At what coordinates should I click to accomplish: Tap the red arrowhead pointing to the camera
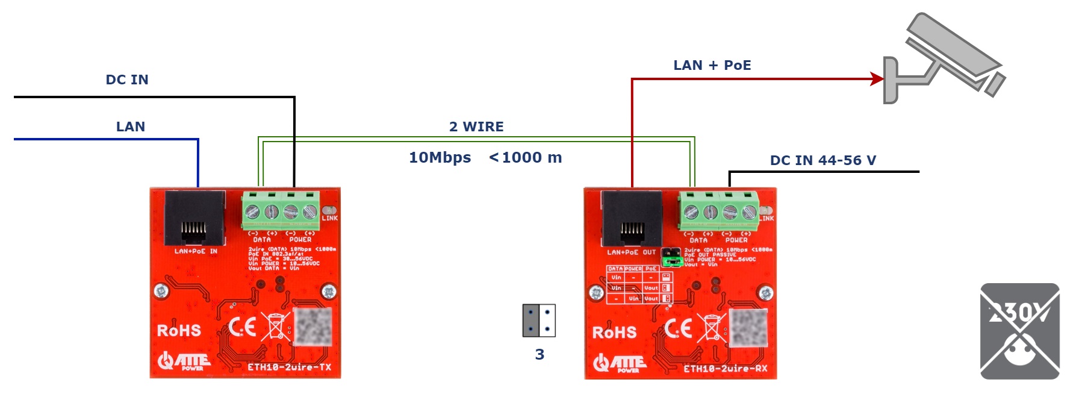click(877, 79)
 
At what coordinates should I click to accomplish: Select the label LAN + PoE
click(712, 65)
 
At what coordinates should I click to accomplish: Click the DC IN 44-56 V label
click(823, 160)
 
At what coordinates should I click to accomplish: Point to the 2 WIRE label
click(476, 127)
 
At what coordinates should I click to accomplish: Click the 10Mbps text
click(440, 157)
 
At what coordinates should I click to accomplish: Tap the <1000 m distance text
click(526, 157)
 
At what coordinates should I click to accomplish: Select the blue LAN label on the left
click(130, 127)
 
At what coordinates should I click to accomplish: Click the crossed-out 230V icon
click(1019, 331)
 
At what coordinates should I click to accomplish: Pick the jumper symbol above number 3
click(539, 321)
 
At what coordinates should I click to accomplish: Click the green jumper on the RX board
click(672, 261)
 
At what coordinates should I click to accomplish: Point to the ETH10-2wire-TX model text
click(289, 367)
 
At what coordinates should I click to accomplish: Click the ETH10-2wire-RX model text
click(725, 368)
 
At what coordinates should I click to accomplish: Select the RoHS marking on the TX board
click(179, 331)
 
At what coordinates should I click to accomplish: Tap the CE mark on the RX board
click(679, 329)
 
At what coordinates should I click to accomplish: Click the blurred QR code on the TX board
click(312, 327)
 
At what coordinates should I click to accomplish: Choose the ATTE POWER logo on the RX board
click(620, 363)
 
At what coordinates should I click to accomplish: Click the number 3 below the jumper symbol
click(540, 354)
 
